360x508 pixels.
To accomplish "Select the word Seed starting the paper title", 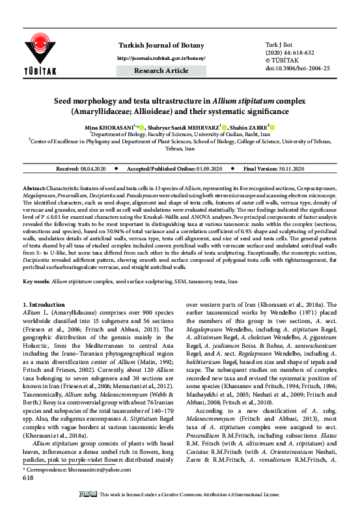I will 64,102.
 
